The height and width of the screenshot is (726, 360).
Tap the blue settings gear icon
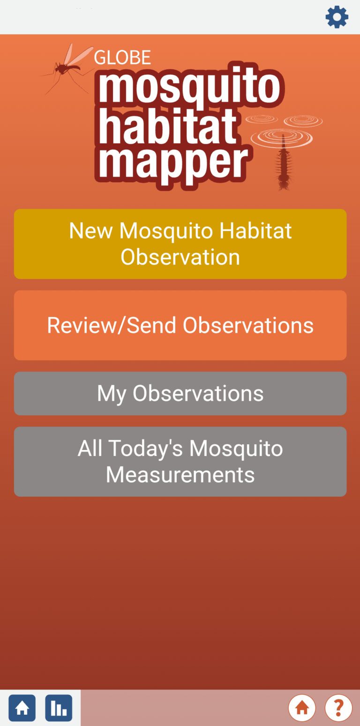pyautogui.click(x=337, y=17)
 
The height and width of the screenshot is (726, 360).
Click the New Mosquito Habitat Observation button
pyautogui.click(x=180, y=244)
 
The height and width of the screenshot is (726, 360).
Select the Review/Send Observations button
pyautogui.click(x=180, y=325)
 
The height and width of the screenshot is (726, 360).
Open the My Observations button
pyautogui.click(x=180, y=393)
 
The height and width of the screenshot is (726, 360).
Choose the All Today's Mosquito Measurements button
pyautogui.click(x=180, y=461)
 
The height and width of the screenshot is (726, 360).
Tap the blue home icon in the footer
pyautogui.click(x=22, y=708)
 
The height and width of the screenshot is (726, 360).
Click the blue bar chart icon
pyautogui.click(x=59, y=708)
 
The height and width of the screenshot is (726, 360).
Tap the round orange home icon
pyautogui.click(x=302, y=708)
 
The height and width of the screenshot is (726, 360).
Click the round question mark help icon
pyautogui.click(x=338, y=708)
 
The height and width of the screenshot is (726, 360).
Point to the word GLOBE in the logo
pyautogui.click(x=122, y=58)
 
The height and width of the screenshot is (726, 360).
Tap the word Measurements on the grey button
pyautogui.click(x=180, y=474)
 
